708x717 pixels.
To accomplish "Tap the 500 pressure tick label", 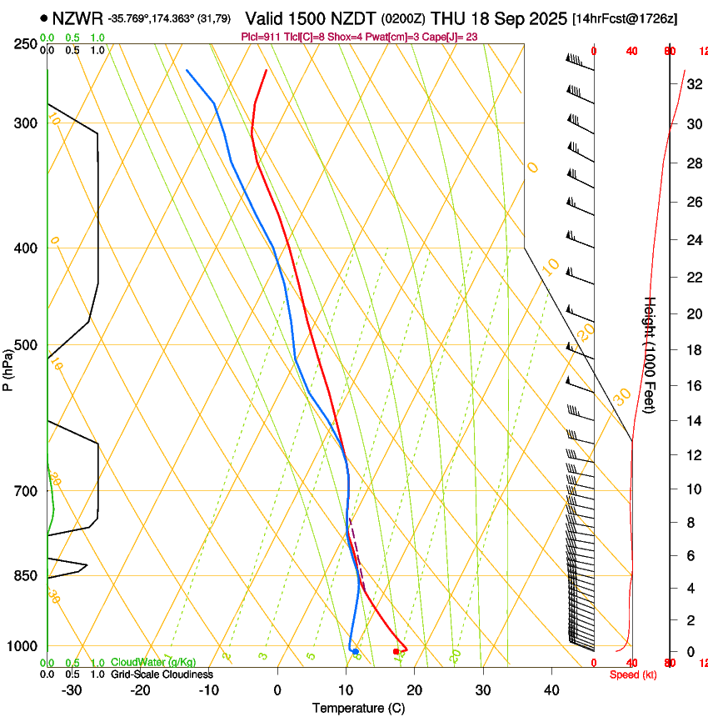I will tap(25, 346).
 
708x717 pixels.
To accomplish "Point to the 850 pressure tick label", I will tap(25, 576).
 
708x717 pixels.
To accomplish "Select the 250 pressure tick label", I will tap(25, 44).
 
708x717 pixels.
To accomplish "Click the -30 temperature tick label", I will tap(72, 690).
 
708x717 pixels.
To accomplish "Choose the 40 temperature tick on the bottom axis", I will tap(551, 690).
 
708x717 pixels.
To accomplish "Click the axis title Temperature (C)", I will tap(358, 708).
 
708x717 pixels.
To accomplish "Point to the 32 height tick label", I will tap(693, 83).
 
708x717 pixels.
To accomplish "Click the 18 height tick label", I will tap(693, 350).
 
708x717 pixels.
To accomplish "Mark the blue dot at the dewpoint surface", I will tap(356, 651).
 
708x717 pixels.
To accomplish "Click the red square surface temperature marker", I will tap(396, 651).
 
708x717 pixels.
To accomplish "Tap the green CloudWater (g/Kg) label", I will tap(153, 662).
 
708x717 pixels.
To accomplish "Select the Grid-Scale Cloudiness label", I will tap(162, 674).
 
